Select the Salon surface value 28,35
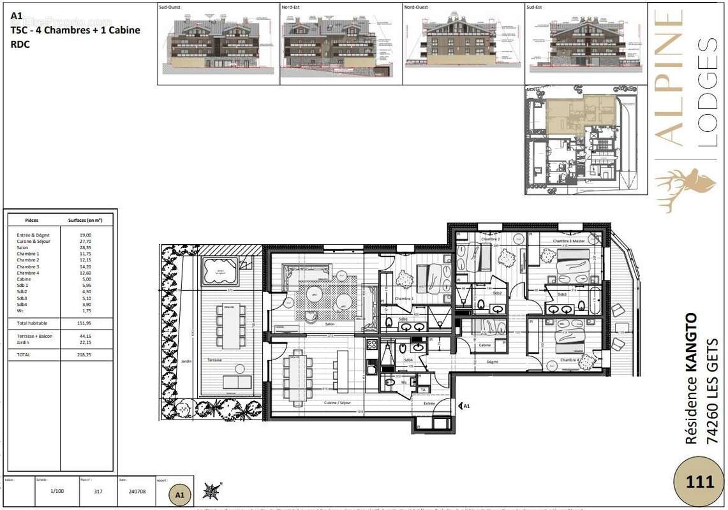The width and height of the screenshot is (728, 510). [85, 247]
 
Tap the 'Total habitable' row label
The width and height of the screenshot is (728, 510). [32, 323]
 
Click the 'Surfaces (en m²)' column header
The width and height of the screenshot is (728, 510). [85, 220]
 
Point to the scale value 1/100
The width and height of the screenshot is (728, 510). [57, 492]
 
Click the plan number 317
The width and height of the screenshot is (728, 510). [98, 492]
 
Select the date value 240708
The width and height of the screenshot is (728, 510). [136, 492]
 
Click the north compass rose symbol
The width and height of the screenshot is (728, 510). [211, 491]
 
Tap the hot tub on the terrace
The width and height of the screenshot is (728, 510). [220, 271]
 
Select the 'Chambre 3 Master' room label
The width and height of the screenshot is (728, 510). [568, 241]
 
